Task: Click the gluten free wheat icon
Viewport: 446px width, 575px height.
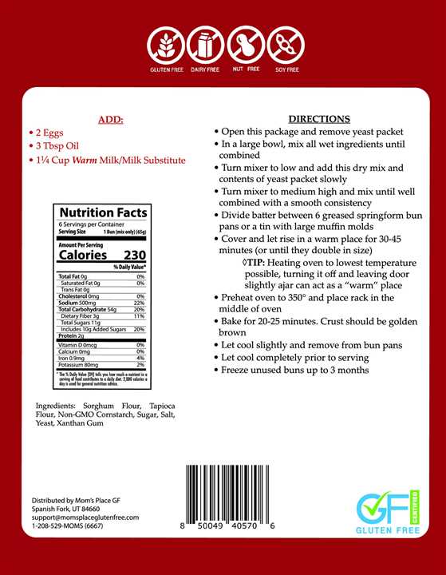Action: coord(166,46)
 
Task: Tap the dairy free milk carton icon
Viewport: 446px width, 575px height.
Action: coord(206,46)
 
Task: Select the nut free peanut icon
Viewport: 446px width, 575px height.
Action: coord(246,46)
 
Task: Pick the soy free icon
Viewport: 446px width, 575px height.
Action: coord(286,46)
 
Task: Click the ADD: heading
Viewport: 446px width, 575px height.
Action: coord(111,120)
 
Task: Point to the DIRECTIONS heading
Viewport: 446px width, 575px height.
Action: coord(318,118)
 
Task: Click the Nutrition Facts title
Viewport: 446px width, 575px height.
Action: coord(103,212)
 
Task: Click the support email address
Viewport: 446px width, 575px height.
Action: coord(85,517)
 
